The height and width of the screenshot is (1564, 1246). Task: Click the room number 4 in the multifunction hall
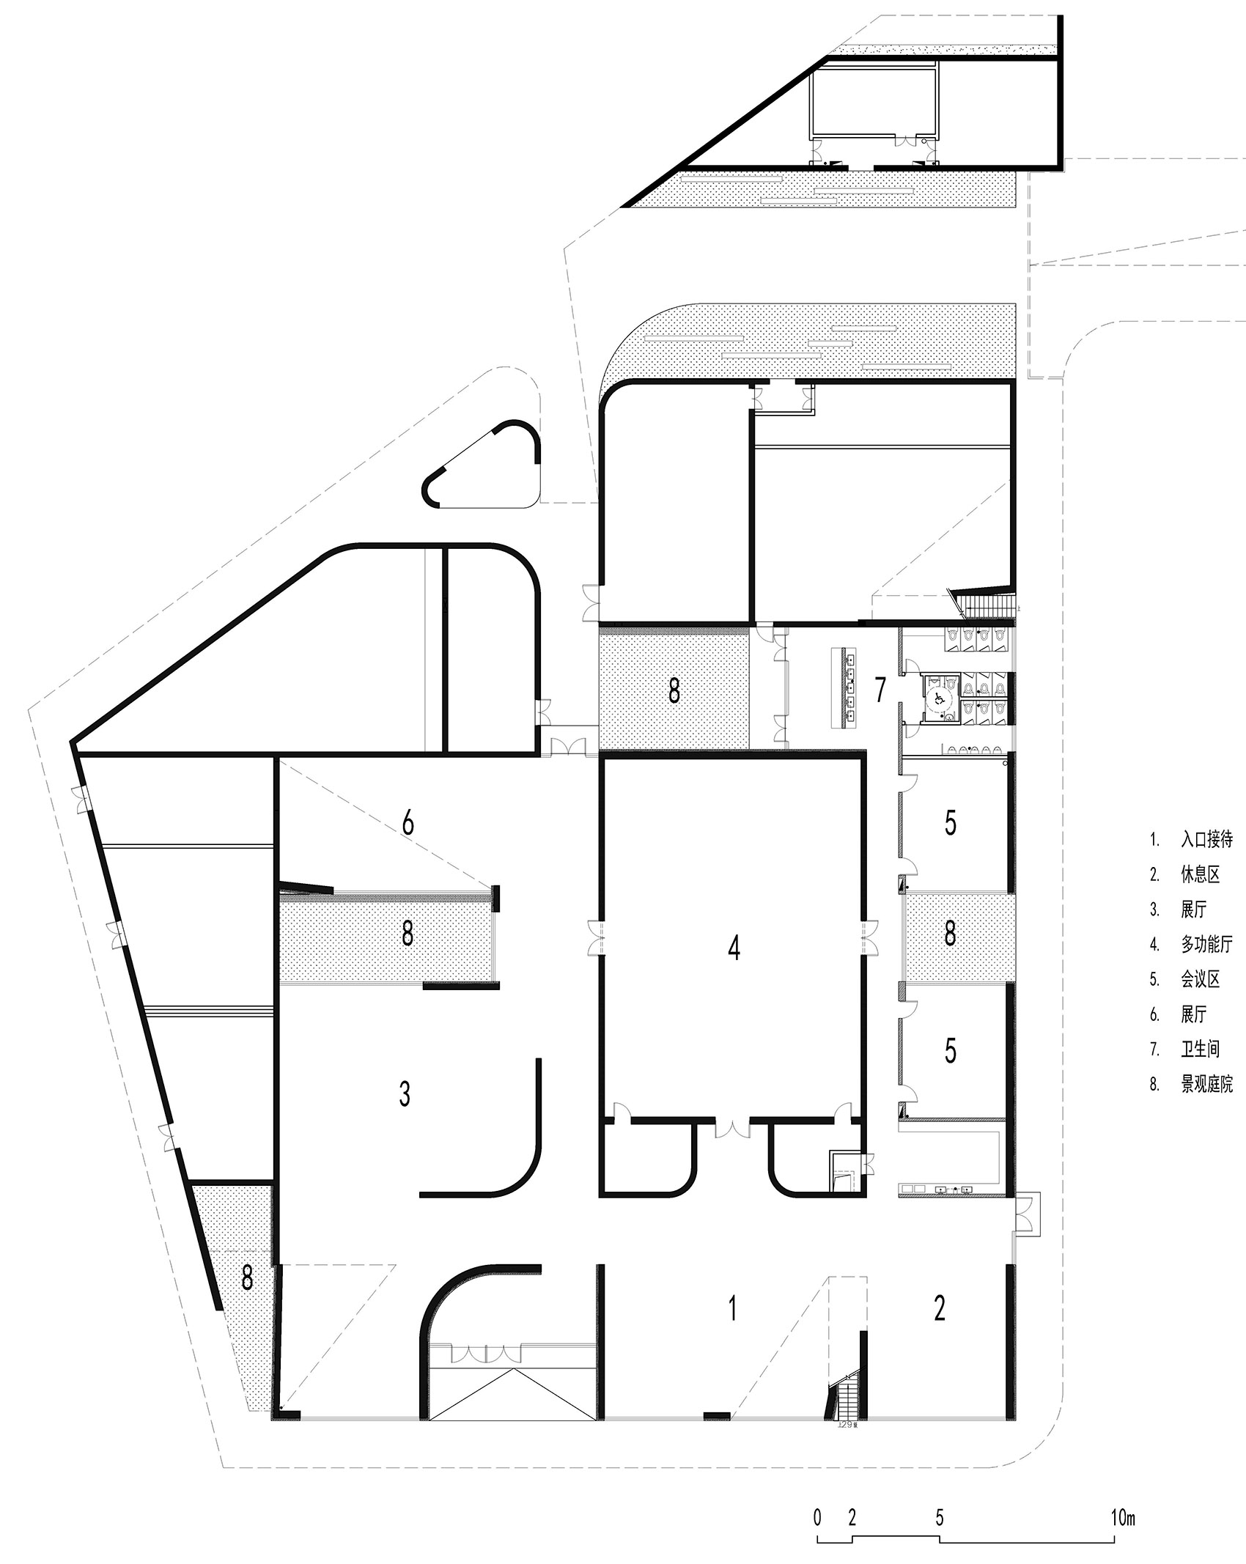(734, 948)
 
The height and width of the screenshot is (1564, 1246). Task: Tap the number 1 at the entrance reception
(731, 1307)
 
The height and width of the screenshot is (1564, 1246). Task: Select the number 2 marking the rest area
(940, 1307)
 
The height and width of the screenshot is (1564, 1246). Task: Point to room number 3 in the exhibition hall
(404, 1093)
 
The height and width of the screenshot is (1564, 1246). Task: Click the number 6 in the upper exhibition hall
(408, 823)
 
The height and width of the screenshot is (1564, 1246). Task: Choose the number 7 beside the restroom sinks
(880, 689)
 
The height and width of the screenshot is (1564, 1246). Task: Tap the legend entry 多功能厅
(1206, 945)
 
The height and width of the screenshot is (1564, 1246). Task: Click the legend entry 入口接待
(1206, 839)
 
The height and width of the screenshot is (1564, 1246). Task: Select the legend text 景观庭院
(1206, 1085)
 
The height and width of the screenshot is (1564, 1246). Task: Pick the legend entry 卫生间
(1200, 1049)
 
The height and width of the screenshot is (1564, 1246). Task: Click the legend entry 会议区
(1200, 979)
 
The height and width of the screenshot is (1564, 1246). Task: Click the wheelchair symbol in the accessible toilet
(936, 698)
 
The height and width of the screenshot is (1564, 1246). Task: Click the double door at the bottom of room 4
(732, 1128)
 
